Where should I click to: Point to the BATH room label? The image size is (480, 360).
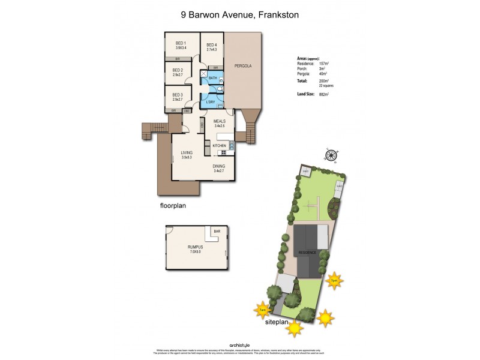click(x=212, y=78)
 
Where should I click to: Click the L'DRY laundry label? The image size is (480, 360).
click(x=211, y=102)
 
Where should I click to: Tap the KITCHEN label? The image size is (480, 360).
click(x=218, y=146)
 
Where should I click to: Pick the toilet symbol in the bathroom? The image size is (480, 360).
click(x=221, y=89)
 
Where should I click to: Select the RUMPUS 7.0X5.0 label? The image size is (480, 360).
click(x=195, y=250)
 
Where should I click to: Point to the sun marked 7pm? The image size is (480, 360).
click(x=333, y=280)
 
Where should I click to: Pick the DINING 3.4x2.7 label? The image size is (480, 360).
click(x=219, y=169)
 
